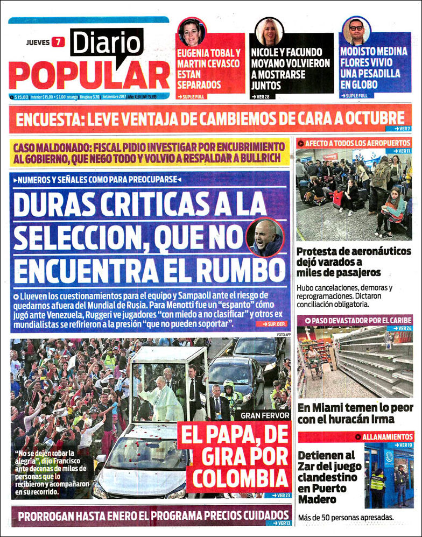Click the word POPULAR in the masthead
coord(89,74)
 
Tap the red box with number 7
coord(57,43)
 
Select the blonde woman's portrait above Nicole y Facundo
coord(269,32)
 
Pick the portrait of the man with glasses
coord(356,31)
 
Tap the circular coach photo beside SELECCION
coord(265,237)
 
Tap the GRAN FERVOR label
coord(265,415)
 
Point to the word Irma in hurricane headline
coord(381,419)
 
